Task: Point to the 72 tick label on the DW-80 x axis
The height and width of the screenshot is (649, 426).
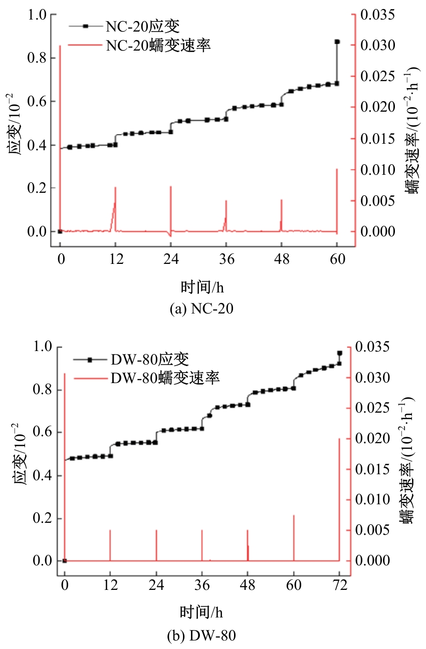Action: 340,585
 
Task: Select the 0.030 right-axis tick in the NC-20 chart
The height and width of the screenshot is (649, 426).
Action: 377,46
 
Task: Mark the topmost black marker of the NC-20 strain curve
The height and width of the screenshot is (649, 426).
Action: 337,42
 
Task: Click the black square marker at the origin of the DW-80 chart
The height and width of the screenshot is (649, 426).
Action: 65,561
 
